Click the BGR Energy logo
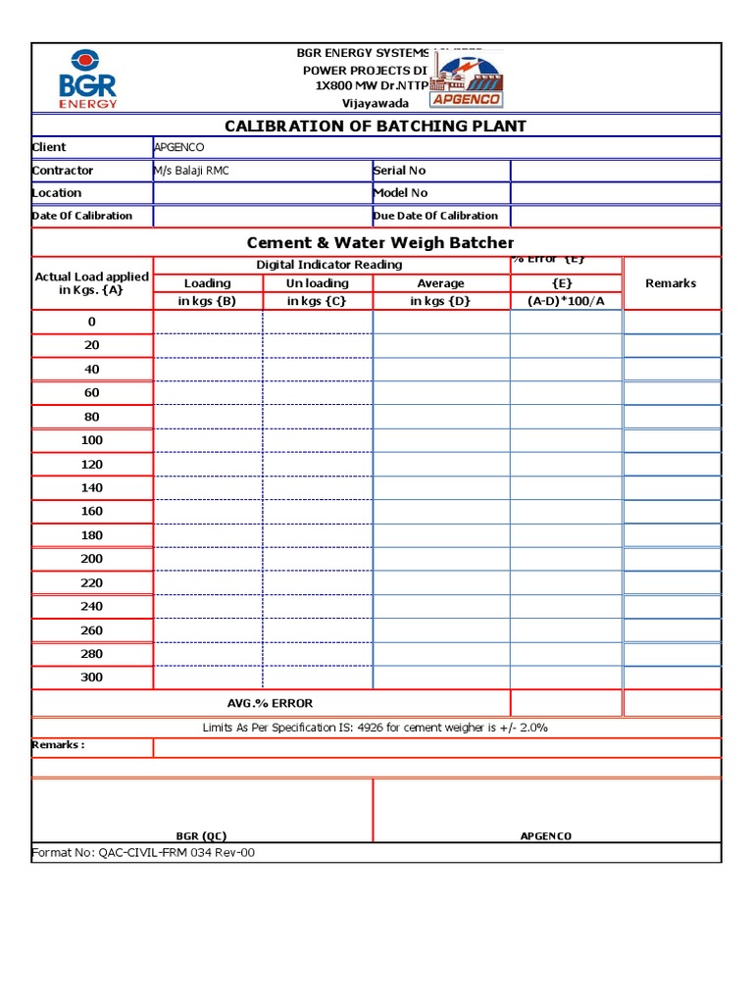click(x=88, y=77)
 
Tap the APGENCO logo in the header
click(x=468, y=79)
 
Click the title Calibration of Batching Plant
click(x=376, y=125)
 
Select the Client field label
click(x=50, y=147)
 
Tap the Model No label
click(x=400, y=193)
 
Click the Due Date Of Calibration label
click(x=435, y=216)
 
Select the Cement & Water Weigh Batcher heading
click(x=379, y=242)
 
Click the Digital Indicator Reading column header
click(x=328, y=265)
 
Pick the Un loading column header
click(x=317, y=283)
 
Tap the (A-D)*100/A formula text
click(x=566, y=301)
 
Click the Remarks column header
click(x=671, y=283)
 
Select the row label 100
click(x=91, y=440)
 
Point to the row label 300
click(x=91, y=678)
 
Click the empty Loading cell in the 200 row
click(x=208, y=559)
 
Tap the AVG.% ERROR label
click(x=270, y=703)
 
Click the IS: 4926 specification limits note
click(x=375, y=728)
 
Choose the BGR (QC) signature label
click(x=201, y=835)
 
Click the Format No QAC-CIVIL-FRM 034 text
click(x=144, y=853)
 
